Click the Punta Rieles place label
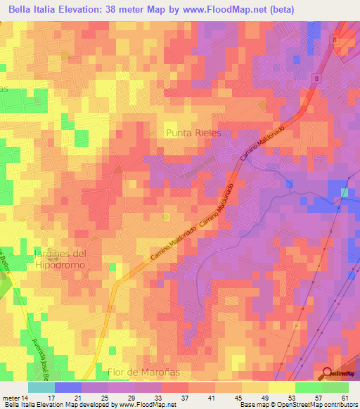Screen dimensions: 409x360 pyautogui.click(x=193, y=132)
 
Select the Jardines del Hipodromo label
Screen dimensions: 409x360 pyautogui.click(x=60, y=259)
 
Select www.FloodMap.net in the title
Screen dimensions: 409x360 pyautogui.click(x=231, y=9)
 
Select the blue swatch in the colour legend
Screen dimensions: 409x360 pyautogui.click(x=67, y=387)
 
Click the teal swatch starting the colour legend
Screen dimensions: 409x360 pyautogui.click(x=41, y=387)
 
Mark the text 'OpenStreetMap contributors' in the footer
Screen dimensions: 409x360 pyautogui.click(x=319, y=405)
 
